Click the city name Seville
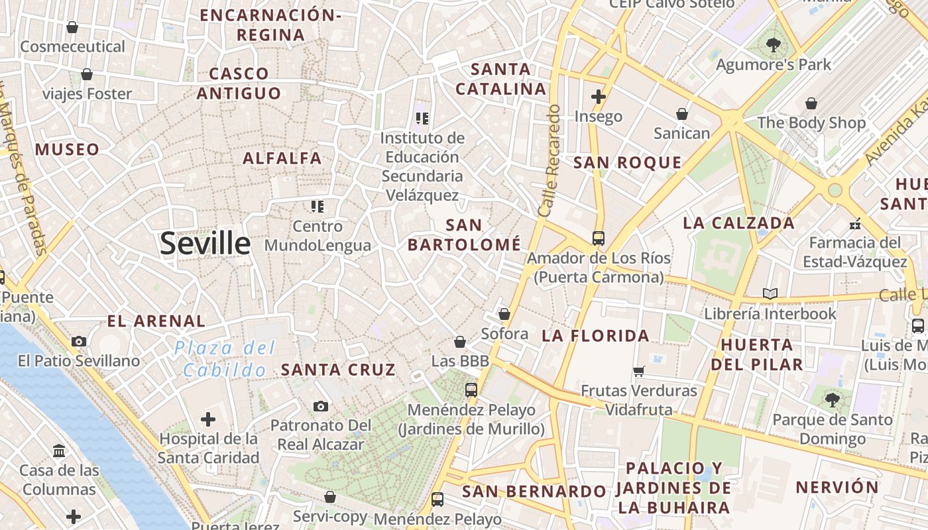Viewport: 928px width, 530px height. pos(205,244)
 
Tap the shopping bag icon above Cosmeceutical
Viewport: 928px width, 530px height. pos(72,27)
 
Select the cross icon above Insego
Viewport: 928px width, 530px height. pos(599,97)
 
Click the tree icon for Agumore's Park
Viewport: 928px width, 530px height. pos(773,45)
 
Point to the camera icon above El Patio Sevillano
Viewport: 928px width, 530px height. pos(79,341)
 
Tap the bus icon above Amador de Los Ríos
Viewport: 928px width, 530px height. pos(599,238)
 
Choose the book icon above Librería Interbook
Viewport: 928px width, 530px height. pos(770,293)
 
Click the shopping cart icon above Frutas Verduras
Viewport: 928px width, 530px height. pos(639,372)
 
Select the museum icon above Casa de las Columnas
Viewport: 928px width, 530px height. pos(59,451)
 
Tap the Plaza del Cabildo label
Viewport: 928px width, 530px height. pos(225,358)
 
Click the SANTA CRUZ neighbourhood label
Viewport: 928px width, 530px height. pos(338,370)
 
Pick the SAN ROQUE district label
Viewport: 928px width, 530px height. pos(627,162)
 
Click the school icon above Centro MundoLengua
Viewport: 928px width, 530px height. pos(318,207)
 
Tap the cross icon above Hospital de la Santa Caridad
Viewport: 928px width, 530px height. pos(208,419)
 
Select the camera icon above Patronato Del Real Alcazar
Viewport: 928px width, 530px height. pos(321,406)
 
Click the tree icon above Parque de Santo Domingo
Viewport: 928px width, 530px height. pos(833,399)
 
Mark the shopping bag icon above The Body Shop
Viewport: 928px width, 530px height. pos(811,103)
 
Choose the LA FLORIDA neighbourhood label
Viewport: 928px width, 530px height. pos(595,335)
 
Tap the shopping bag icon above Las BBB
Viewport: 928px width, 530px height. pos(460,342)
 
